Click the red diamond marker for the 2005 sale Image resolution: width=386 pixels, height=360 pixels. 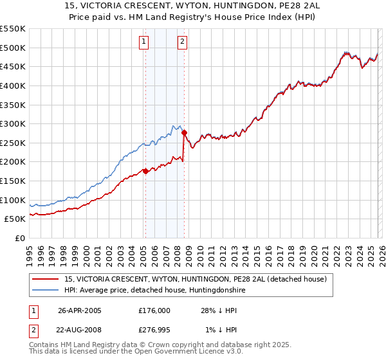point(145,171)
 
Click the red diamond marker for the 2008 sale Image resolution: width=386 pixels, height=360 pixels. point(184,133)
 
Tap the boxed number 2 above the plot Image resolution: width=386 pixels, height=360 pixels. point(182,42)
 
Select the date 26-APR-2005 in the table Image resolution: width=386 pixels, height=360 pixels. point(80,310)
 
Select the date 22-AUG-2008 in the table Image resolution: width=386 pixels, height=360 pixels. point(80,330)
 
